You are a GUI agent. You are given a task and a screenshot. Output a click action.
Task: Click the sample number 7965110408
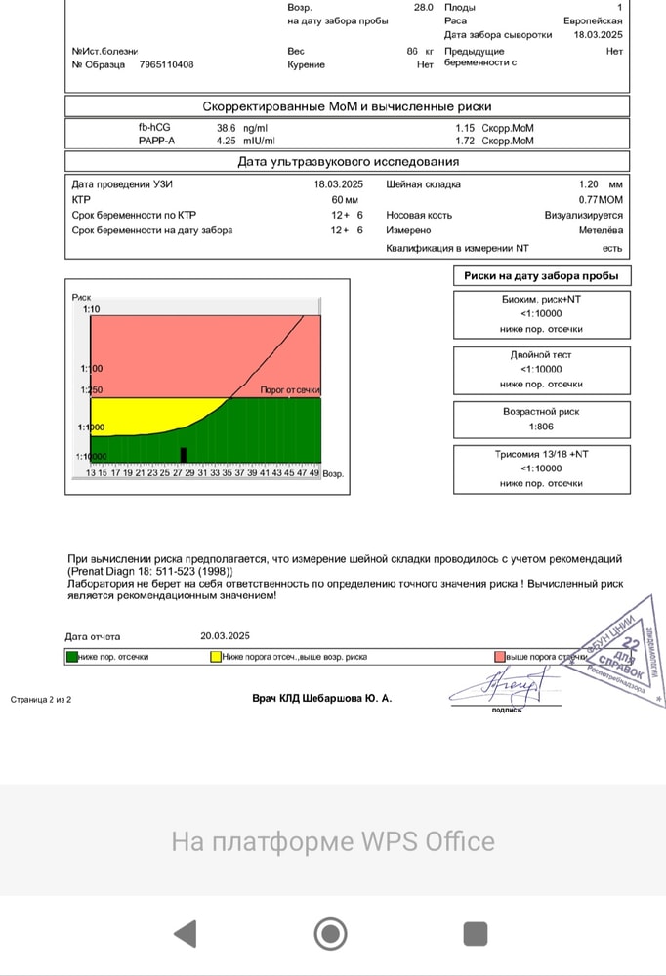[166, 64]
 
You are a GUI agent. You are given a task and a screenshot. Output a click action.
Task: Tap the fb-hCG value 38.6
[227, 128]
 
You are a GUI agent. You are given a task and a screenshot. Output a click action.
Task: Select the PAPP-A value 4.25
[227, 141]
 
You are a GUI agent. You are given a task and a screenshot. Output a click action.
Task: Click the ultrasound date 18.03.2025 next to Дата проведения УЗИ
[338, 183]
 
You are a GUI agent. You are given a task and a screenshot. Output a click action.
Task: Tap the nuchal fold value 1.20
[588, 183]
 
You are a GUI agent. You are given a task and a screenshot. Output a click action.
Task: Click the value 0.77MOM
[601, 199]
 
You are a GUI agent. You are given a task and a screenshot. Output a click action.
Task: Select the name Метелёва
[600, 230]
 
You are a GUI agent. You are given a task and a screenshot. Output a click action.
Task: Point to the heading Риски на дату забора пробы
[542, 276]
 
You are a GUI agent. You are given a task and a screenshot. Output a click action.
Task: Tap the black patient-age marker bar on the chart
[183, 455]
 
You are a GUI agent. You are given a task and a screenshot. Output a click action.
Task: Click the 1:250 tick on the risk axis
[94, 390]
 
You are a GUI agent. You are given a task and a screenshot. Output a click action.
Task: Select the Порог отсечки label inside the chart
[290, 390]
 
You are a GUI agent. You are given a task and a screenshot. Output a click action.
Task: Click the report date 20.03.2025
[226, 635]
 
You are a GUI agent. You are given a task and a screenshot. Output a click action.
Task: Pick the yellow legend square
[216, 658]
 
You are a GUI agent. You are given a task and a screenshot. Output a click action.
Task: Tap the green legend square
[71, 658]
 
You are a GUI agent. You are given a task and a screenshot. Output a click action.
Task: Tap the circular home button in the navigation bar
[331, 934]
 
